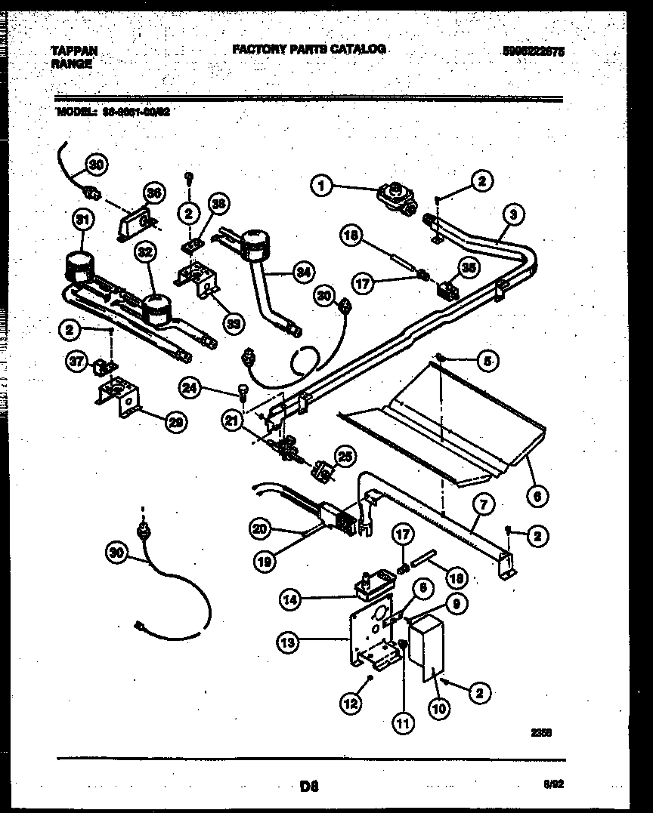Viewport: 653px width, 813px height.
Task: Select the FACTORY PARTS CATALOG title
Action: pyautogui.click(x=308, y=49)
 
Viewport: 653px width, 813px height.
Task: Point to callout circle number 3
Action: pyautogui.click(x=512, y=215)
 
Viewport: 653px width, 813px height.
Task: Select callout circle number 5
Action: pyautogui.click(x=487, y=362)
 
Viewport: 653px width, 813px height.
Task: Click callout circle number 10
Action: pyautogui.click(x=438, y=708)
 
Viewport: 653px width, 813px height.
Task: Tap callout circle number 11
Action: pyautogui.click(x=402, y=723)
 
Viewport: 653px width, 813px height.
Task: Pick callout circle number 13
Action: pyautogui.click(x=288, y=643)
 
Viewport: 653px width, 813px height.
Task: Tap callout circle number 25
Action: pyautogui.click(x=344, y=456)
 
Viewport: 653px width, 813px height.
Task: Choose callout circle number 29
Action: pyautogui.click(x=175, y=422)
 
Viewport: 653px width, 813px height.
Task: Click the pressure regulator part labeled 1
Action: pyautogui.click(x=392, y=195)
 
